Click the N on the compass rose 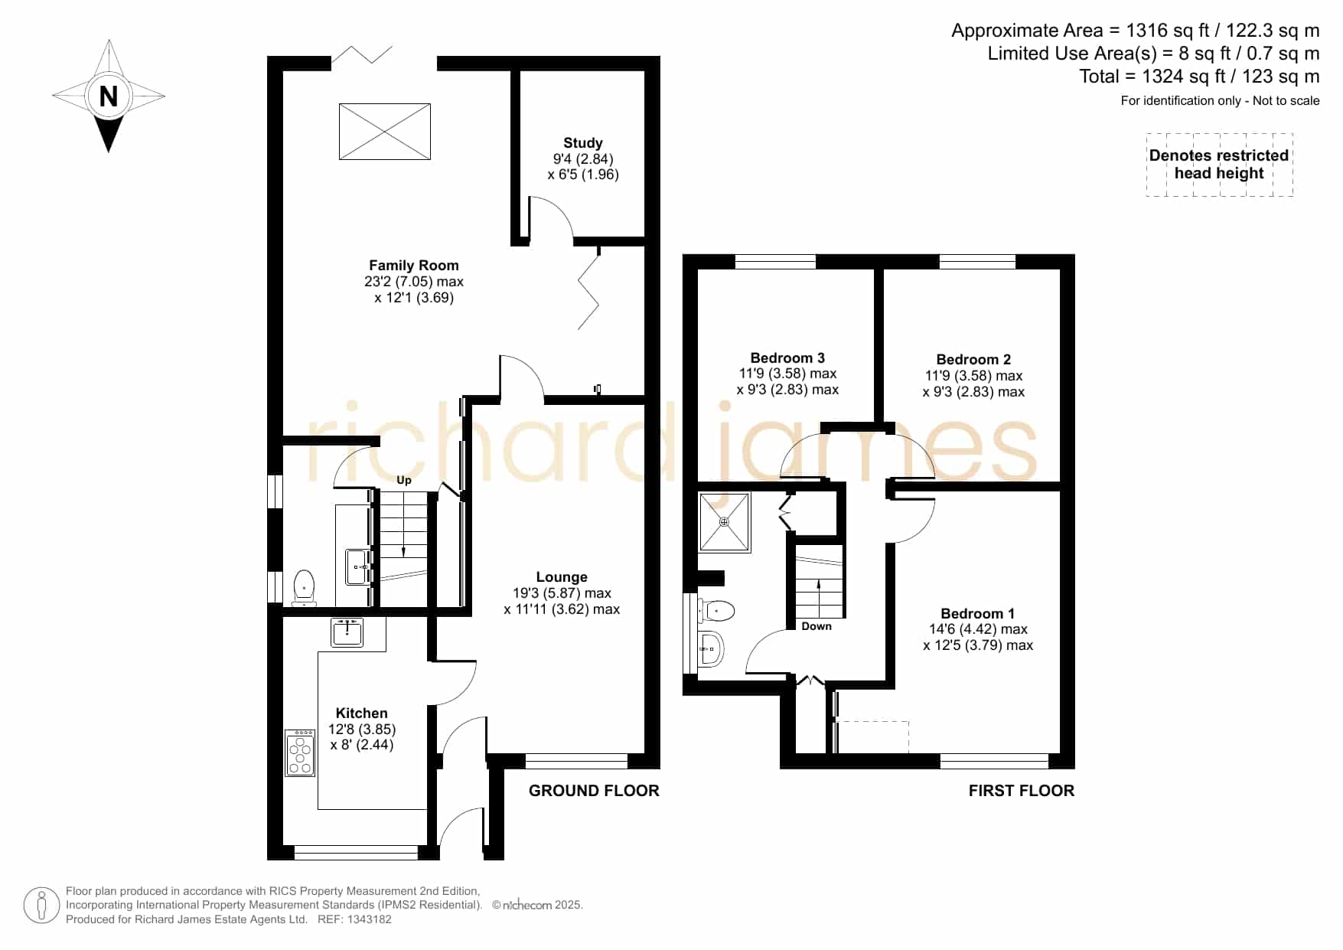coord(109,96)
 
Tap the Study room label coord(583,143)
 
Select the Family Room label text coord(414,266)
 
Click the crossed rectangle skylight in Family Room coord(385,132)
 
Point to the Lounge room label coord(562,577)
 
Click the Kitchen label coord(362,713)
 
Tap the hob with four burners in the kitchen coord(300,753)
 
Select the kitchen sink coord(347,632)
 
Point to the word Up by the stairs coord(404,480)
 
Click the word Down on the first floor coord(817,626)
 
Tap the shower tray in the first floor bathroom coord(725,522)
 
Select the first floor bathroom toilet coord(716,610)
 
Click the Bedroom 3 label coord(787,358)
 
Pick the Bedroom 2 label coord(973,360)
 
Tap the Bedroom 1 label coord(978,614)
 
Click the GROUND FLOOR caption coord(594,791)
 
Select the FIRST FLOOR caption coord(1022,791)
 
